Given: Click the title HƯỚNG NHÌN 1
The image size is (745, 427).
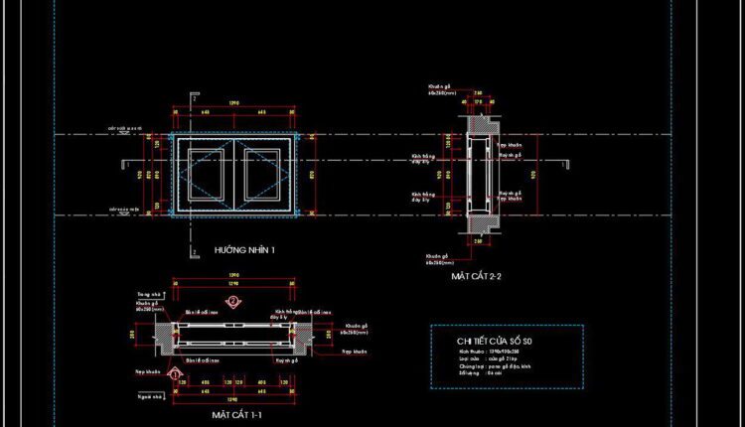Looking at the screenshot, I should click(x=244, y=251).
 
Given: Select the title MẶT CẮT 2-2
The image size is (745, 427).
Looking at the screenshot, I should click(x=477, y=276).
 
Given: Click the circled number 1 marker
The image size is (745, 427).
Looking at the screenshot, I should click(x=177, y=374).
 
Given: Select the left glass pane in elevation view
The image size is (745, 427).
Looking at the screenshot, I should click(x=204, y=175).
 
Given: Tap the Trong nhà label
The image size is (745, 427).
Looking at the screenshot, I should click(x=149, y=295).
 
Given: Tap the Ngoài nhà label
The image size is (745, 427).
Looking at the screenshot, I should click(x=149, y=395).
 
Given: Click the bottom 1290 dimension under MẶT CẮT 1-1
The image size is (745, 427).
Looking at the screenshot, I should click(x=234, y=392).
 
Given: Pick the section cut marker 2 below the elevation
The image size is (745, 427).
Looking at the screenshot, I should click(x=193, y=239).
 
